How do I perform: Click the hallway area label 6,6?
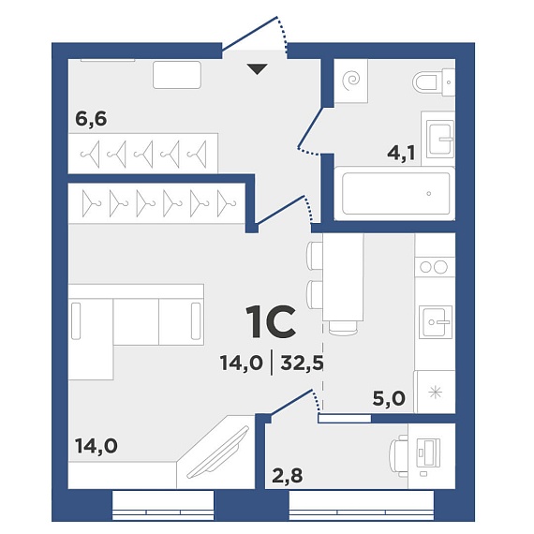91,119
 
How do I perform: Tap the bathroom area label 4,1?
402,153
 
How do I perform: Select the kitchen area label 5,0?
389,398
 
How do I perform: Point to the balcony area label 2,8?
287,475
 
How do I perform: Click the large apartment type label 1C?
271,322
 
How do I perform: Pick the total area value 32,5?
302,363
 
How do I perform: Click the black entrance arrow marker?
257,69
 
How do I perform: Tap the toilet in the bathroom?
434,82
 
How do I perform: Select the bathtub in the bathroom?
395,193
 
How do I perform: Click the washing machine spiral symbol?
350,81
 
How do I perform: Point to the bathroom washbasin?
439,139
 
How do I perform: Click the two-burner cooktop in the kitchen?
434,267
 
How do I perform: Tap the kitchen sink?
436,322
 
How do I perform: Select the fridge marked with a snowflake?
435,393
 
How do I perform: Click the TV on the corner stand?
218,452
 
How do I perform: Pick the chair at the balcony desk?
399,456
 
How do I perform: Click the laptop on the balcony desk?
429,452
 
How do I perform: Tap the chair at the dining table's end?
343,328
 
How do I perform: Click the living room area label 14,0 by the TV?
96,445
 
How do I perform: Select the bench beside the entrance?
177,75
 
